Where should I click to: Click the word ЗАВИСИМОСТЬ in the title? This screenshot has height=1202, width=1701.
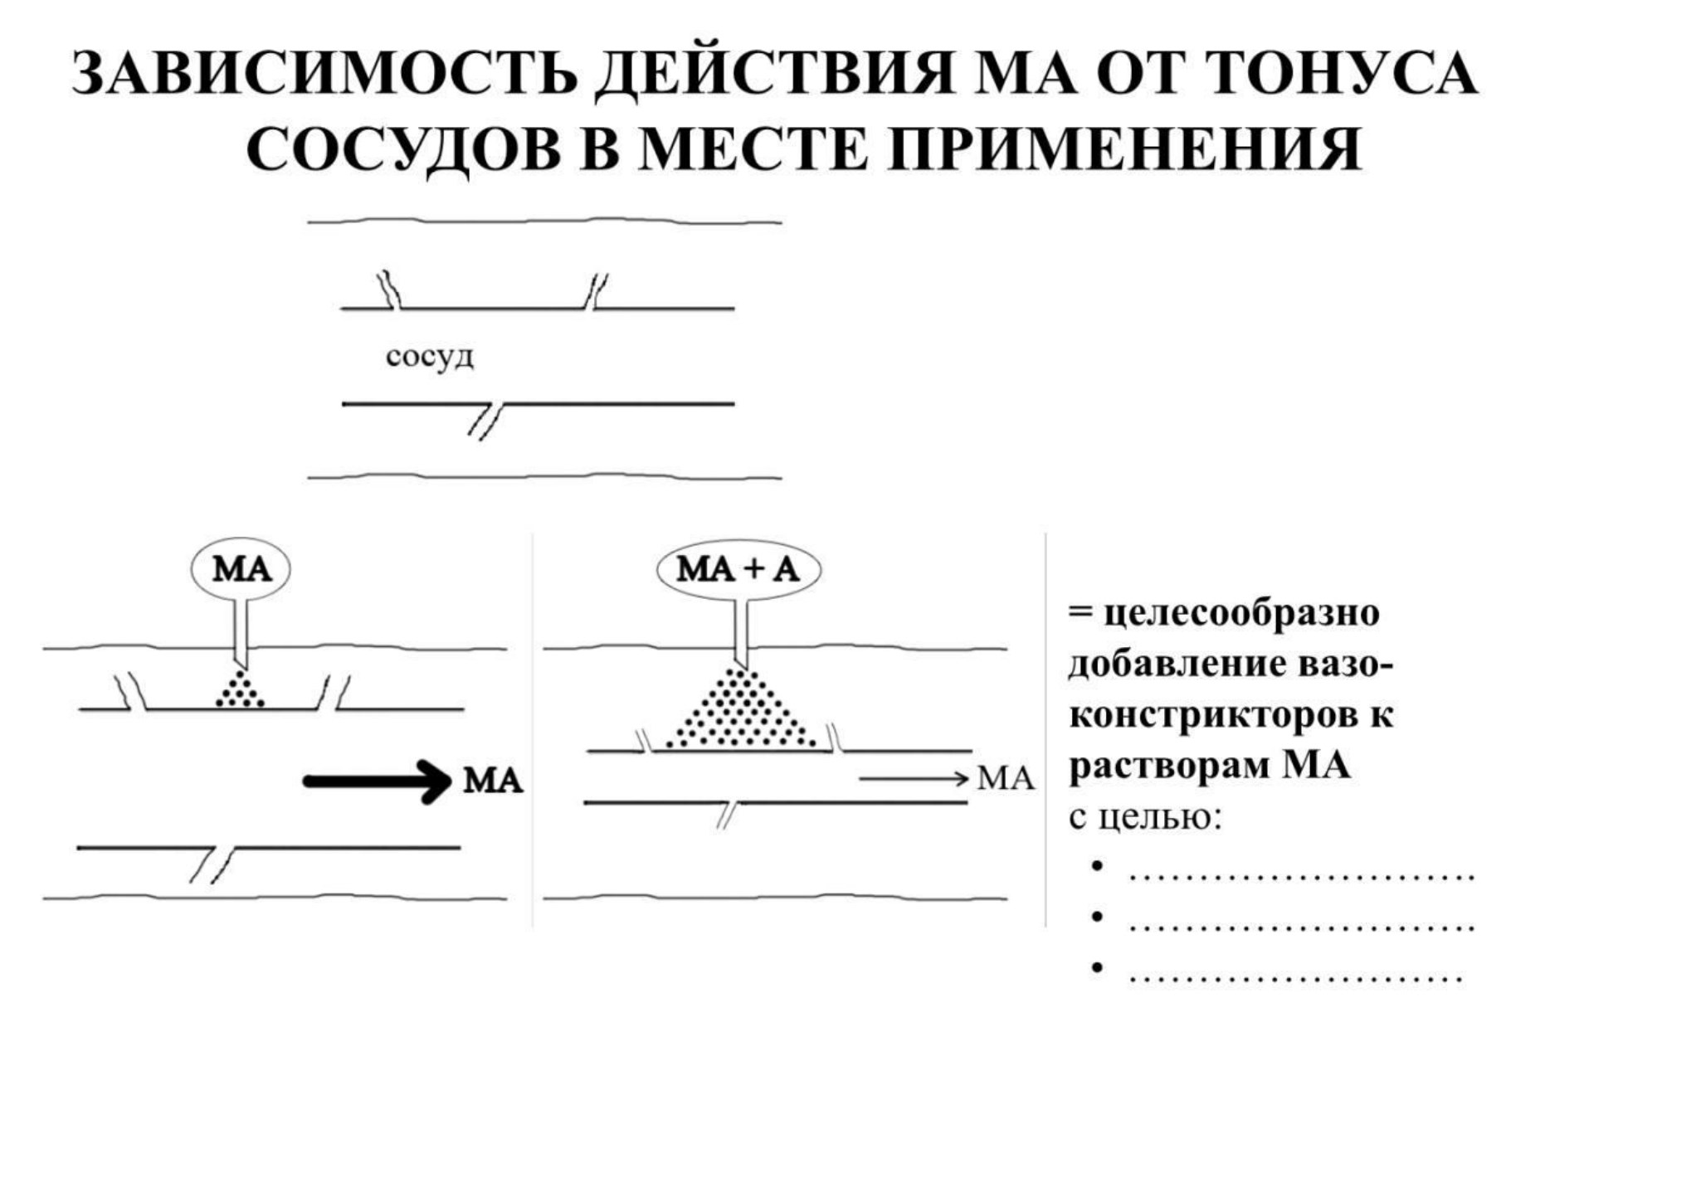(x=324, y=75)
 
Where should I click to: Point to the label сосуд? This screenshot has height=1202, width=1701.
(x=430, y=358)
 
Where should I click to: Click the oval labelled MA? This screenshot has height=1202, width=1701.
(x=241, y=570)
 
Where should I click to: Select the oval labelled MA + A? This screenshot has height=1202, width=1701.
(x=738, y=570)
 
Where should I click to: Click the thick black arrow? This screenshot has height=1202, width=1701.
(x=377, y=781)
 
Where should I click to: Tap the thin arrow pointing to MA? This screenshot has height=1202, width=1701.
(x=914, y=778)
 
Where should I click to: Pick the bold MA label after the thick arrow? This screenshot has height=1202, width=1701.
(x=493, y=781)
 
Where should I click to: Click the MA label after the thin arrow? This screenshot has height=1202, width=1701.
(x=1006, y=778)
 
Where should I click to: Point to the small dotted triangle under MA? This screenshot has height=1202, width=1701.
(x=241, y=688)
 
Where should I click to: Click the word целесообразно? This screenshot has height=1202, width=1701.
(x=1241, y=613)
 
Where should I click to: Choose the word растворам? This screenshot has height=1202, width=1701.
(x=1169, y=766)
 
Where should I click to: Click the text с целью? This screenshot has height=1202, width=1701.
(x=1145, y=817)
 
